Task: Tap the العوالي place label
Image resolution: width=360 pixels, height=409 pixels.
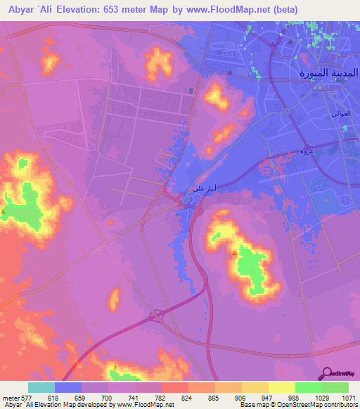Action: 340,114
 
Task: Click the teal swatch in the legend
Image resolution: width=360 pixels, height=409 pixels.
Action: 41,387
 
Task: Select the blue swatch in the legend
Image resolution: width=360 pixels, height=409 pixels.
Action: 68,387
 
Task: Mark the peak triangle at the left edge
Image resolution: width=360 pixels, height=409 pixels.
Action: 4,210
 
